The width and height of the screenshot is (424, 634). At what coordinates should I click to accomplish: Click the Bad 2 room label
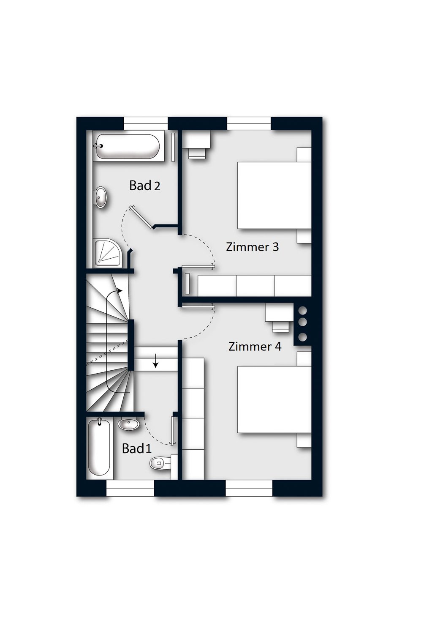[x=145, y=186]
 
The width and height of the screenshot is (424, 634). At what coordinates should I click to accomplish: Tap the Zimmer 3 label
[x=252, y=247]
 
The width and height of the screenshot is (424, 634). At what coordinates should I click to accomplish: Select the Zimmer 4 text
[x=255, y=347]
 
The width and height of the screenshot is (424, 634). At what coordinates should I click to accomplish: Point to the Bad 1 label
[x=136, y=448]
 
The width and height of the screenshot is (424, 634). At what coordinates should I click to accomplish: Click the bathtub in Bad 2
[x=127, y=147]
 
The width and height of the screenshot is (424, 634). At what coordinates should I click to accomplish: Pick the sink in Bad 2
[x=101, y=197]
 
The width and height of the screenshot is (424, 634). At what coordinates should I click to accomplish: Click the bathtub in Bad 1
[x=99, y=448]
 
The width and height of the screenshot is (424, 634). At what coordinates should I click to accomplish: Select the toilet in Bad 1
[x=160, y=463]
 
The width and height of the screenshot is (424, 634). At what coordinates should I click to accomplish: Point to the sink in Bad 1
[x=128, y=424]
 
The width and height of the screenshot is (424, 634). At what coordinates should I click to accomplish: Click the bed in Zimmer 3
[x=274, y=195]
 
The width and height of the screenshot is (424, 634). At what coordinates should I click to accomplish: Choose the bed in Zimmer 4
[x=274, y=399]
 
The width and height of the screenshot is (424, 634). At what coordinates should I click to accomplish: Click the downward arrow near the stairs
[x=155, y=361]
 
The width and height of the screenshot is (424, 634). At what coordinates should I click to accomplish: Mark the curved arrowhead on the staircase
[x=120, y=291]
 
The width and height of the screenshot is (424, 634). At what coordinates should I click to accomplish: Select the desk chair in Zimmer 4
[x=280, y=325]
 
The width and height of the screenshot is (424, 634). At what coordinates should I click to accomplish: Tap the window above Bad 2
[x=146, y=123]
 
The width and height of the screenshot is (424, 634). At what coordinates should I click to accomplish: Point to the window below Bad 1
[x=130, y=489]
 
